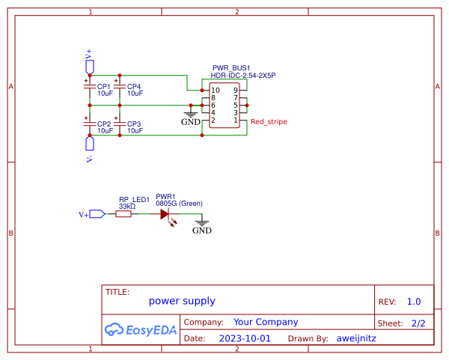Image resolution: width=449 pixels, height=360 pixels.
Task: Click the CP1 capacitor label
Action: coord(104,87)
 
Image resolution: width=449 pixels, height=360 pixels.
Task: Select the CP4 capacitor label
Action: coord(134,87)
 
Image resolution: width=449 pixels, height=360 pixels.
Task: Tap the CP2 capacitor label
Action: coord(104,123)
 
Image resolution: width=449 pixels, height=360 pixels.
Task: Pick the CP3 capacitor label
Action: coord(134,123)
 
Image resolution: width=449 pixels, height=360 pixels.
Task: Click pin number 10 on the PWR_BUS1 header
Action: coord(215,91)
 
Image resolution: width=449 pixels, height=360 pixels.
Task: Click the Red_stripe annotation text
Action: coord(269,121)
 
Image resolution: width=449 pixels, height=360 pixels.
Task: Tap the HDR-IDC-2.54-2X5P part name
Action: coord(243,76)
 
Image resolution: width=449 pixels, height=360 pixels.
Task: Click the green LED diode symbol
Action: coord(165,214)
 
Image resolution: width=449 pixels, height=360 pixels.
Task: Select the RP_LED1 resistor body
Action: coord(123,214)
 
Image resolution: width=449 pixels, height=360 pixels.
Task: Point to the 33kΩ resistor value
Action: coord(127,206)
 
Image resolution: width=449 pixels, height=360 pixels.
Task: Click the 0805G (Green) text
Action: coord(179,204)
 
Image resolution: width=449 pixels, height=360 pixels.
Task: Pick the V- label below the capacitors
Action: coord(89,159)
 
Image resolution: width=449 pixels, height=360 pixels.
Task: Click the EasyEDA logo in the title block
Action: coord(140,329)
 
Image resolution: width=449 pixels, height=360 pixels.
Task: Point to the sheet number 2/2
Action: coord(418,323)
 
